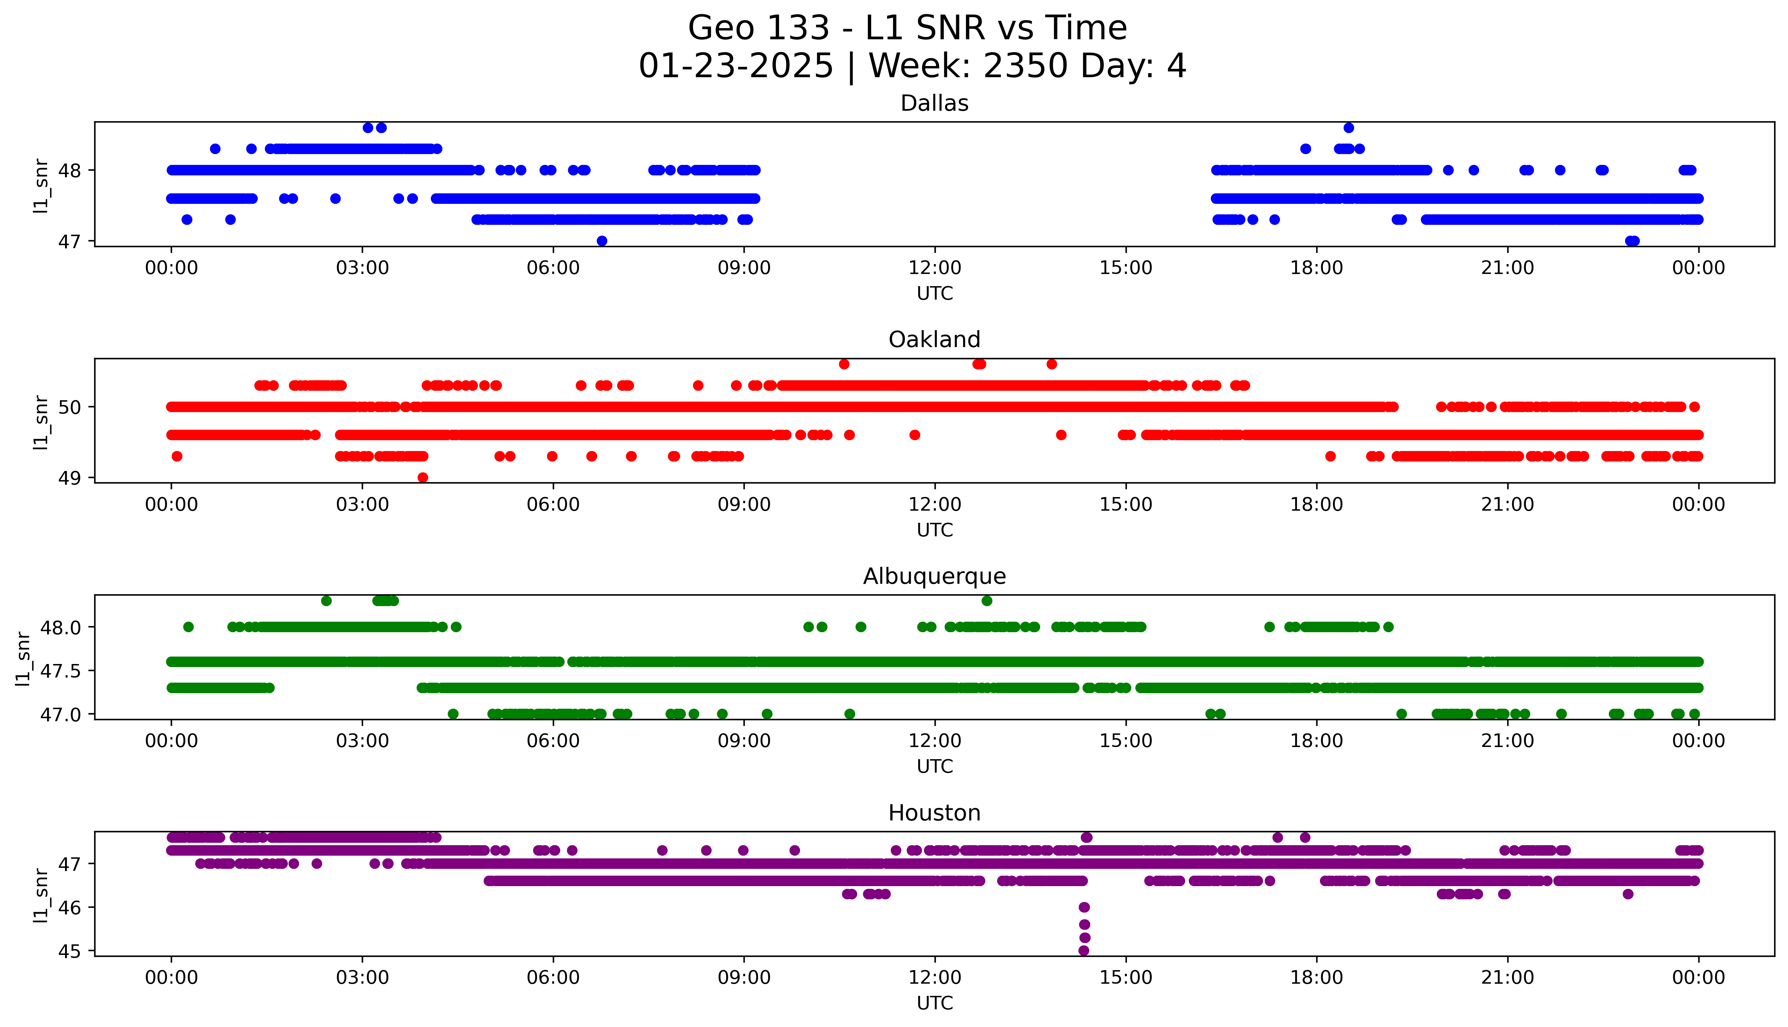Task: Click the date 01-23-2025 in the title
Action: point(736,66)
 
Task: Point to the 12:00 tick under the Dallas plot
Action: point(934,268)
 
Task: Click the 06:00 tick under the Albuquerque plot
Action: point(553,741)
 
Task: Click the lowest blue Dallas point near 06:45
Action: point(602,241)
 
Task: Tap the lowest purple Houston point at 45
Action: point(1084,951)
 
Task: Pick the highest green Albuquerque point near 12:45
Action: point(987,601)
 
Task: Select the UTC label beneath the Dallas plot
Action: point(934,294)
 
